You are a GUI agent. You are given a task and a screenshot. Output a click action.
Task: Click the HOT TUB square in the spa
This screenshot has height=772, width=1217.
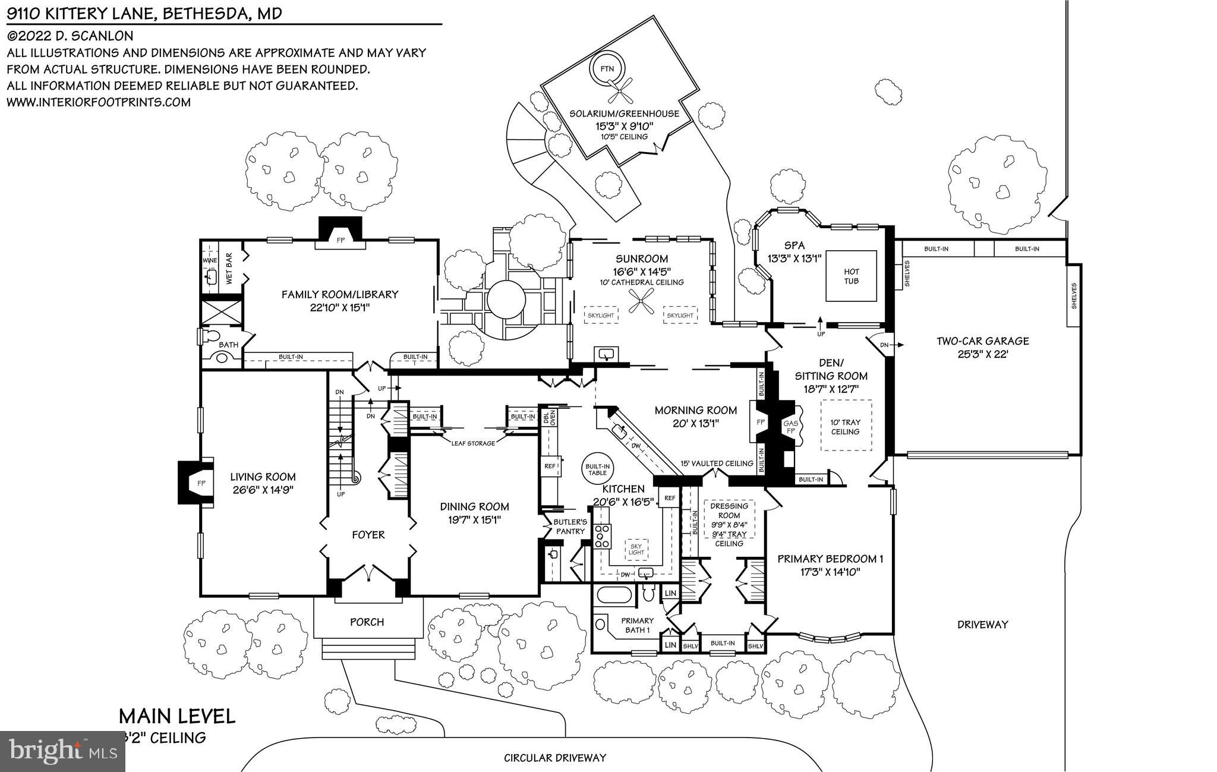click(x=851, y=276)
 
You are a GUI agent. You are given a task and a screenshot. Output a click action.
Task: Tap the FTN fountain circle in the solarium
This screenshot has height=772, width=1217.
click(x=607, y=69)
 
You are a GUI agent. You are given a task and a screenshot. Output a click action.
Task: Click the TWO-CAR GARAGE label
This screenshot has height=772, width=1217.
click(x=982, y=341)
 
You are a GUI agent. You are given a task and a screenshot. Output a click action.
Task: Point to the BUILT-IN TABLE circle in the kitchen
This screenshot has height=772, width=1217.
click(x=597, y=469)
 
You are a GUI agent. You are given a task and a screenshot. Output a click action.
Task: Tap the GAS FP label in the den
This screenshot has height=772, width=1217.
click(x=790, y=427)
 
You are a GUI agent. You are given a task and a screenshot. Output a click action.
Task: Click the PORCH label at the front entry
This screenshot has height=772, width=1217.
click(x=367, y=622)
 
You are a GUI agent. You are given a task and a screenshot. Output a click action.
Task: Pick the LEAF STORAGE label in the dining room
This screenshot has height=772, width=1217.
click(x=473, y=443)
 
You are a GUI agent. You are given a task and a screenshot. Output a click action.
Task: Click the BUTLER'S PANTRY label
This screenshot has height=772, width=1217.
click(x=570, y=527)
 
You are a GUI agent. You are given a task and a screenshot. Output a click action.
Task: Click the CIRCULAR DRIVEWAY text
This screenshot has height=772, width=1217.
click(x=554, y=758)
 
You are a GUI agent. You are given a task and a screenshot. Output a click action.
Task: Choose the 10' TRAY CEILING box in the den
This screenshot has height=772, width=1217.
click(x=846, y=426)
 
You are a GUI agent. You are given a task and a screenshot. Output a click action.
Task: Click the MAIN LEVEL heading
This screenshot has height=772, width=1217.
click(x=177, y=716)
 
